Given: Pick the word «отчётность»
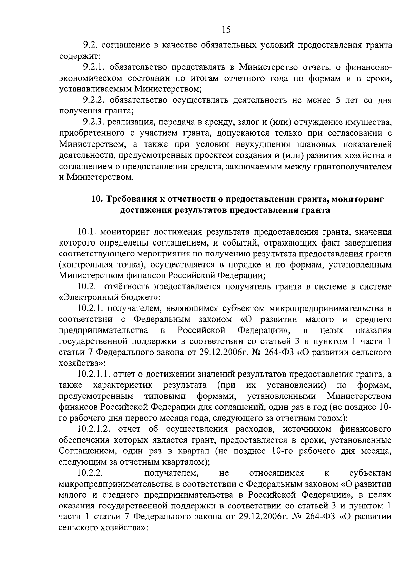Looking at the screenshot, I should (x=127, y=287).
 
